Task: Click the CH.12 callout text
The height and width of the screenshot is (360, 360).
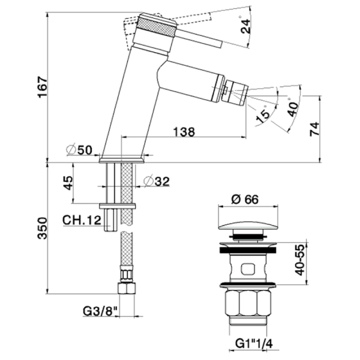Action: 82,220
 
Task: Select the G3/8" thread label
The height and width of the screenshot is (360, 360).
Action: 99,311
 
